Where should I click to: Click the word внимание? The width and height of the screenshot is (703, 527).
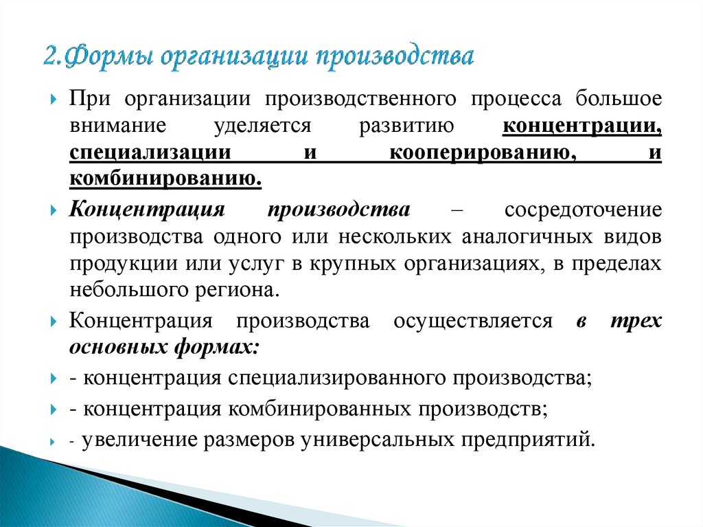(x=113, y=126)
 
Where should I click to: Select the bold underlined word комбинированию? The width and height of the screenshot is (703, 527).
(x=165, y=180)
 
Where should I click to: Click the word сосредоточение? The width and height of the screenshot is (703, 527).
(x=584, y=209)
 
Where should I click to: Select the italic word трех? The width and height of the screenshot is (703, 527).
(x=636, y=321)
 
